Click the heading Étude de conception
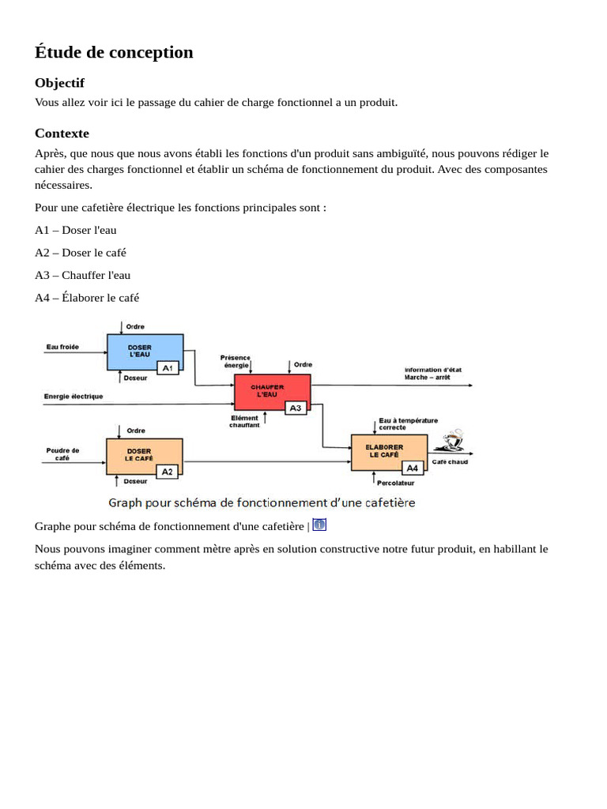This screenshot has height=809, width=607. pyautogui.click(x=114, y=52)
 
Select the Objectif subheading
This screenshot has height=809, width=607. pyautogui.click(x=59, y=83)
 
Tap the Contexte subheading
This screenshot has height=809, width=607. pyautogui.click(x=62, y=134)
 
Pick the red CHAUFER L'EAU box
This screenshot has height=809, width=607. pyautogui.click(x=269, y=389)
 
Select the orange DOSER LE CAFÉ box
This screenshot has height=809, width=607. pyautogui.click(x=141, y=454)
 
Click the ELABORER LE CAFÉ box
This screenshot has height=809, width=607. pyautogui.click(x=386, y=450)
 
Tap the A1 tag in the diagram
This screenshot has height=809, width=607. pyautogui.click(x=168, y=367)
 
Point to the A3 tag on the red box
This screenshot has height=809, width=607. pyautogui.click(x=296, y=408)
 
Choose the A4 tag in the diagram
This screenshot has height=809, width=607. pyautogui.click(x=413, y=468)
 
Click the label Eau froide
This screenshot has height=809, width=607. pyautogui.click(x=62, y=347)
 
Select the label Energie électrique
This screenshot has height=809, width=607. pyautogui.click(x=73, y=397)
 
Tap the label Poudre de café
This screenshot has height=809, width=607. pyautogui.click(x=62, y=454)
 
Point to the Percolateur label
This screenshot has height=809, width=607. pyautogui.click(x=395, y=482)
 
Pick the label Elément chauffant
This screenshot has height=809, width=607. pyautogui.click(x=245, y=422)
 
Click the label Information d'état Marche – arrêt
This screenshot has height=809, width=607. pyautogui.click(x=433, y=374)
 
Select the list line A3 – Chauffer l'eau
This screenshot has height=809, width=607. pyautogui.click(x=83, y=275)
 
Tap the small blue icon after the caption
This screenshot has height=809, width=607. pyautogui.click(x=319, y=525)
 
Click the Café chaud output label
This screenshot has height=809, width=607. pyautogui.click(x=450, y=462)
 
